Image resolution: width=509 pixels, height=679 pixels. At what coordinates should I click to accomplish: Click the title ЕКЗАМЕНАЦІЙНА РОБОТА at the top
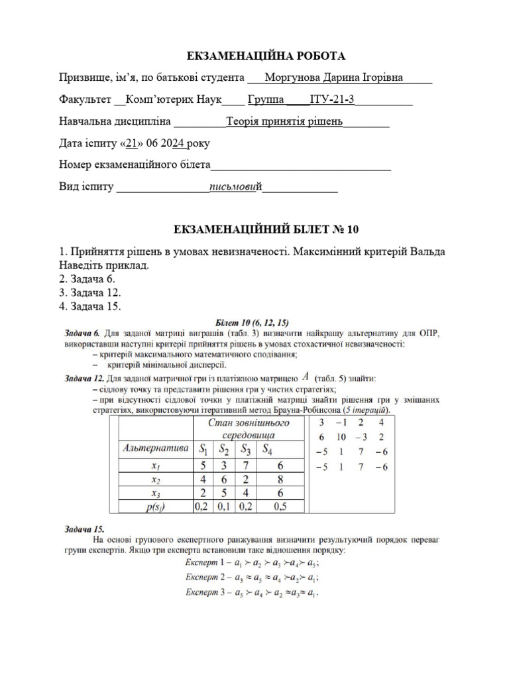[254, 56]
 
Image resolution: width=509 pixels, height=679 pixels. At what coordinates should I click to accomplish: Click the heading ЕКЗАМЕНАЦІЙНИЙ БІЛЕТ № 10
[254, 229]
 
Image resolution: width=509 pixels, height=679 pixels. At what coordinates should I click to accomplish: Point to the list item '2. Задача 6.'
[87, 278]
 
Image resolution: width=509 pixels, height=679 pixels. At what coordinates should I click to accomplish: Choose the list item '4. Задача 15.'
[90, 306]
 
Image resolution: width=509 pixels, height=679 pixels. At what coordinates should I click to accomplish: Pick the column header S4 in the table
[266, 450]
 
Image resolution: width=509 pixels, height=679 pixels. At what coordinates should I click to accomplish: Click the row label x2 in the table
[155, 479]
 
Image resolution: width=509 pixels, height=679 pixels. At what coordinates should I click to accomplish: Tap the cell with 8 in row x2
[281, 479]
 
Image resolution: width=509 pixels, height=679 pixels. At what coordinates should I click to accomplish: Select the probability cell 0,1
[224, 507]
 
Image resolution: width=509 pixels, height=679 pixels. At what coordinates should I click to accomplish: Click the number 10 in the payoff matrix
[341, 437]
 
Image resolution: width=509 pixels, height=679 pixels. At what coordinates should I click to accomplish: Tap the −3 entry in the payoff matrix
[362, 437]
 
